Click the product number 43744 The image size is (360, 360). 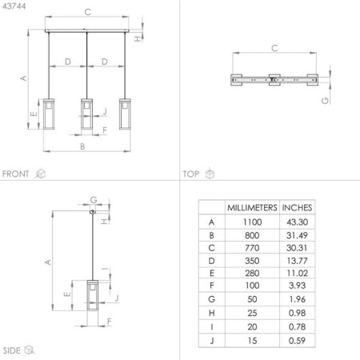pos(14,6)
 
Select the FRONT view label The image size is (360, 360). pos(16,174)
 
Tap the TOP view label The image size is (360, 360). pos(191,174)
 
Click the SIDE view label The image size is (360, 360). pos(12,350)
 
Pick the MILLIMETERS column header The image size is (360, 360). pos(252,206)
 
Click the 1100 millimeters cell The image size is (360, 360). pos(252,222)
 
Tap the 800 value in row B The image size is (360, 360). pos(252,235)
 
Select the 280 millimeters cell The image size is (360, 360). pos(252,275)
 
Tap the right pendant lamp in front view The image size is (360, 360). pos(124,114)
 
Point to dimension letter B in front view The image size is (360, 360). pos(82,146)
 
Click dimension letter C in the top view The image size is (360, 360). pos(274,48)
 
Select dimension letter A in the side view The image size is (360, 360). pos(48,262)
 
